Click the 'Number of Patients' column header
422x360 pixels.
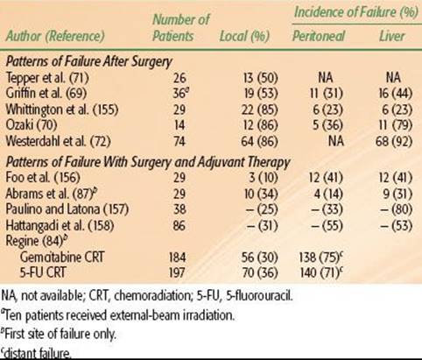click(181, 28)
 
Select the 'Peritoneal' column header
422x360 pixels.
click(319, 36)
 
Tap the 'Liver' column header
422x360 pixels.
click(392, 36)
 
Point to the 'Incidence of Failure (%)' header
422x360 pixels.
click(356, 12)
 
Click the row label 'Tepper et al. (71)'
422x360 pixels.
click(47, 78)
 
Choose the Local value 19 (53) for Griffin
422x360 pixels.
click(260, 94)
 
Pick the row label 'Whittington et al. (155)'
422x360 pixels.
click(62, 109)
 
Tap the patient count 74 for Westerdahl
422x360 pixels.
click(179, 141)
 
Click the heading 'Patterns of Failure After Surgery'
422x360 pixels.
click(89, 62)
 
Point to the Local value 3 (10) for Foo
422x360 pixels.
click(264, 178)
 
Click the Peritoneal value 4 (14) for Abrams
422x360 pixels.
click(328, 194)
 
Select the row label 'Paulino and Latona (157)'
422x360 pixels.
click(67, 209)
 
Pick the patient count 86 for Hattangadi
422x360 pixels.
click(179, 225)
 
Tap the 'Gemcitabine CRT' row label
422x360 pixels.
click(62, 258)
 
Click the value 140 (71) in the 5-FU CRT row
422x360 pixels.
click(320, 272)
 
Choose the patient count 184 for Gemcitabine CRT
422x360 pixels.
click(177, 258)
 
